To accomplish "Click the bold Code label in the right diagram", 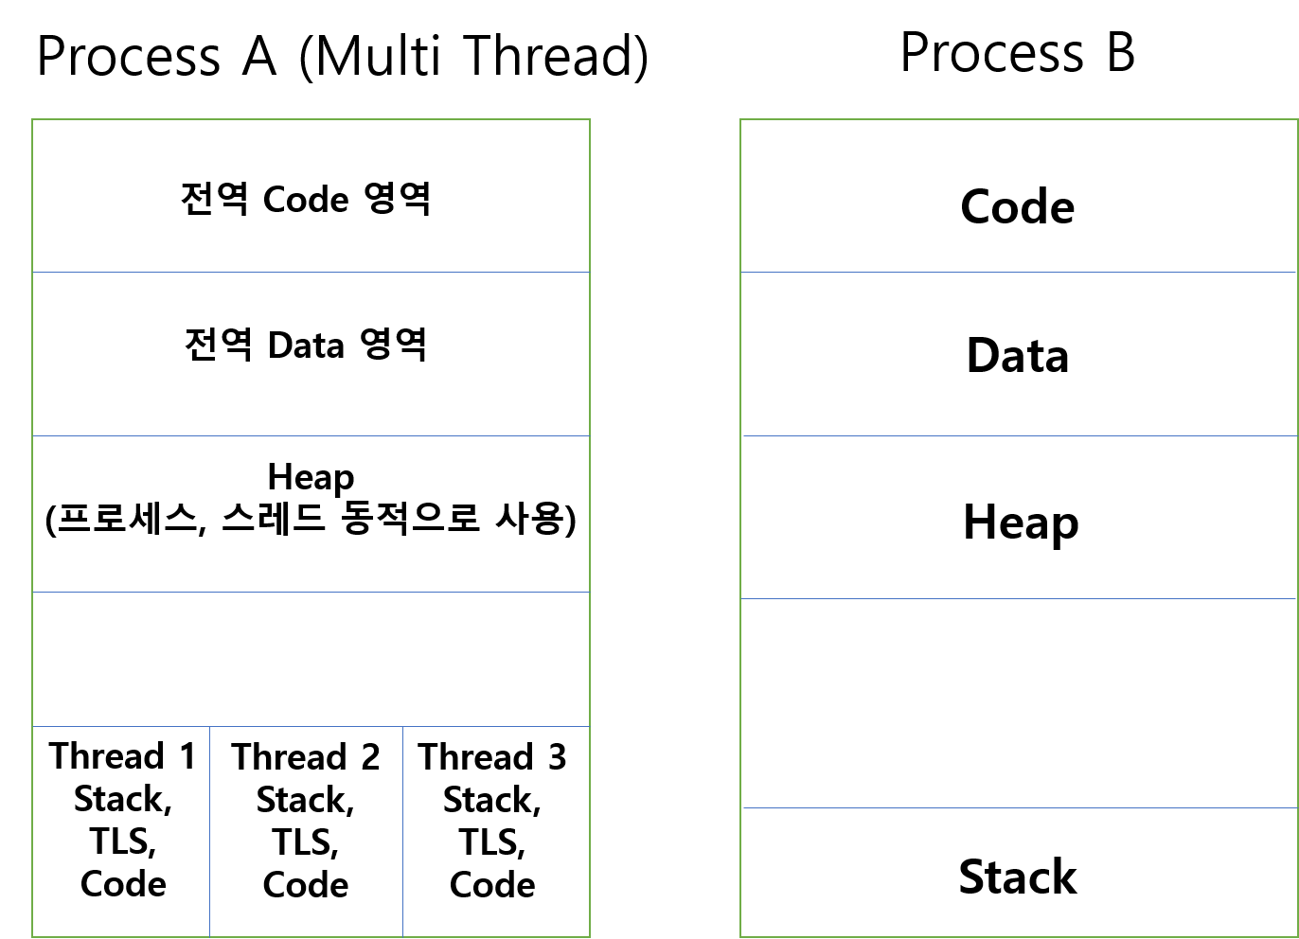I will coord(1017,206).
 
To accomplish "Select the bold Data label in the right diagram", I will coord(1017,356).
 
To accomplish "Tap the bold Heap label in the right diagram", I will coord(1020,523).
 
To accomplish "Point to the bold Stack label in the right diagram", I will coord(1017,877).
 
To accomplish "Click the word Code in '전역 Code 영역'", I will coord(305,200).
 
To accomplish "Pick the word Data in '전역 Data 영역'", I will coord(306,345).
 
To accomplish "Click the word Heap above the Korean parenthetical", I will coord(311,477).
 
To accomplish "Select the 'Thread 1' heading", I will coord(122,756).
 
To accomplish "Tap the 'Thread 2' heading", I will coord(305,757).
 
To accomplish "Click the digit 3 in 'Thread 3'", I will coord(557,757).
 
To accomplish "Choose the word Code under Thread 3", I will coord(492,885).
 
